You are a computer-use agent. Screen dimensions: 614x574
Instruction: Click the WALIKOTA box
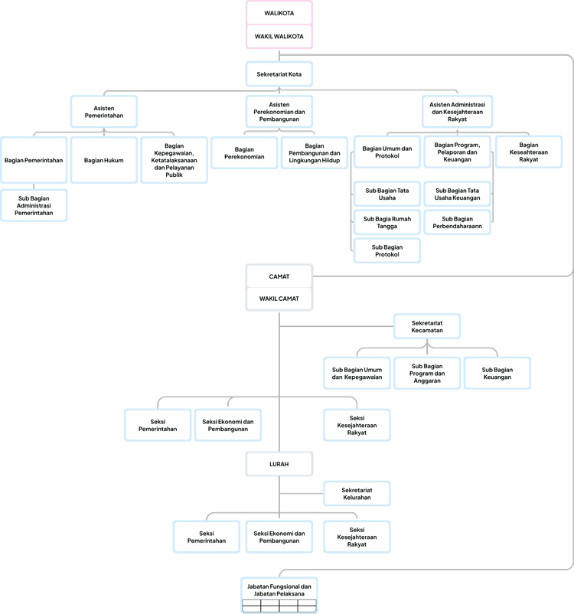279,12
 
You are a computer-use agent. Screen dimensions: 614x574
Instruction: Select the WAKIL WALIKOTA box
279,36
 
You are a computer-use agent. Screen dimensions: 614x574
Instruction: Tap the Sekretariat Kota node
279,74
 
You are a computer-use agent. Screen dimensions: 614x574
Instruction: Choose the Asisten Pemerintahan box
104,111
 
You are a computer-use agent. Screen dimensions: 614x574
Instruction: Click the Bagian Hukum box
104,160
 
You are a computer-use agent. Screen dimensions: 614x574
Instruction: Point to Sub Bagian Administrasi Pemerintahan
34,205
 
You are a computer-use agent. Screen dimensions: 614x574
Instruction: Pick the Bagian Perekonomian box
245,152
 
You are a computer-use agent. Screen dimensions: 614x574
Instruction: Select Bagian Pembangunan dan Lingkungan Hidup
314,152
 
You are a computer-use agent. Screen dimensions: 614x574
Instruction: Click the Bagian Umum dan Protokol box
387,152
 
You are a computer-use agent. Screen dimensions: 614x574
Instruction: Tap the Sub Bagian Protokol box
387,251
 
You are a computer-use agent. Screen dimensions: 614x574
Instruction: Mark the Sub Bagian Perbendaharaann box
457,223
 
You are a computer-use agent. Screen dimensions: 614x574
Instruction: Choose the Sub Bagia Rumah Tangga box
387,223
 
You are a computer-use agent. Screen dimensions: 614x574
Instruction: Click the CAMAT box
279,276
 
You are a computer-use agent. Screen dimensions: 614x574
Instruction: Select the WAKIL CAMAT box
279,299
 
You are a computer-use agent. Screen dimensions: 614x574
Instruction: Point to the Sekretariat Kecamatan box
427,327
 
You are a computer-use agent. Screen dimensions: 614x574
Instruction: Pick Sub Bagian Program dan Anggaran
427,374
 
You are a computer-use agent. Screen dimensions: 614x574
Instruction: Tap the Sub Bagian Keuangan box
497,374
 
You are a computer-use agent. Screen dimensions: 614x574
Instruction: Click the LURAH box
279,463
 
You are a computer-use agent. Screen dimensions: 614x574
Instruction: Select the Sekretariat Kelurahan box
357,494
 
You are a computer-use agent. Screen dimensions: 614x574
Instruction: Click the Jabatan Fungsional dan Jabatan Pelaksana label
279,590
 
